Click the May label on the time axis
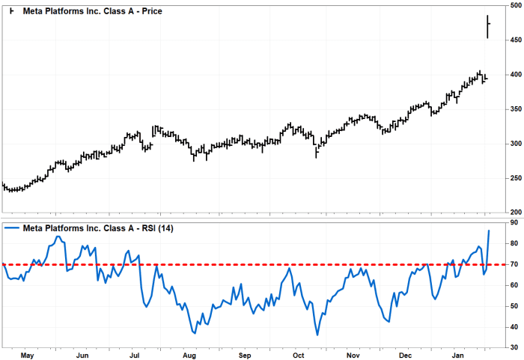point(28,354)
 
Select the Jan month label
point(460,354)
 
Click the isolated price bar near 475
point(488,25)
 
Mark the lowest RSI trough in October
point(317,335)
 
